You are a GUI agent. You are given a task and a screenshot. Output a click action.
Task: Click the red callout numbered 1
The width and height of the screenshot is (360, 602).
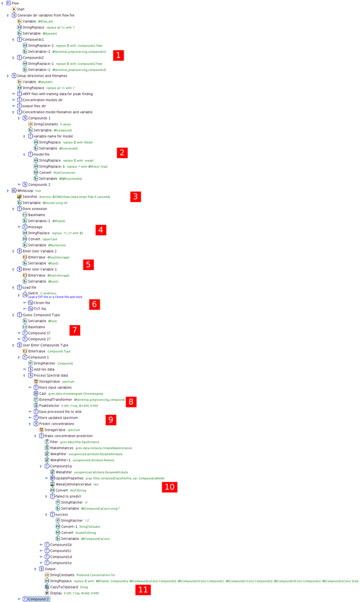coord(118,55)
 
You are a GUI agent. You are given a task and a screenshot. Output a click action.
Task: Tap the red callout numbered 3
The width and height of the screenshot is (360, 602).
coord(135,197)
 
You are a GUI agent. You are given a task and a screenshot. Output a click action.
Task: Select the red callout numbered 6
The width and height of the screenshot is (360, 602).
coord(94,304)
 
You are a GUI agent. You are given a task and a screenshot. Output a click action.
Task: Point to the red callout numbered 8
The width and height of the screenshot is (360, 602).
coord(131,402)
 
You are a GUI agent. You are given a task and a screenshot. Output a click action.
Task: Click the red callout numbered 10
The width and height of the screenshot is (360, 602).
coord(169,487)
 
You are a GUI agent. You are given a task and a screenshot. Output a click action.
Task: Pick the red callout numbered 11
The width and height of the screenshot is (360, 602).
coord(143,590)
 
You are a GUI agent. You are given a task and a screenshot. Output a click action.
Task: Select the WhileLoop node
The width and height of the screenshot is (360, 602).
coord(25,190)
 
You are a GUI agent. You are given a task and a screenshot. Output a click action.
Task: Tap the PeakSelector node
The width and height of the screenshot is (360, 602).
coord(49,405)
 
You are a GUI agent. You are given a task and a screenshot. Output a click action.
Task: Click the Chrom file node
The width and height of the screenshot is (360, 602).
coord(42,303)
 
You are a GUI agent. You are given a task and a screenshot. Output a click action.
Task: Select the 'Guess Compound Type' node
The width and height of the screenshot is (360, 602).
coord(41,315)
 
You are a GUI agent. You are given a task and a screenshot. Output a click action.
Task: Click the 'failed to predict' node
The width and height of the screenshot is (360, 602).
coord(68,496)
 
